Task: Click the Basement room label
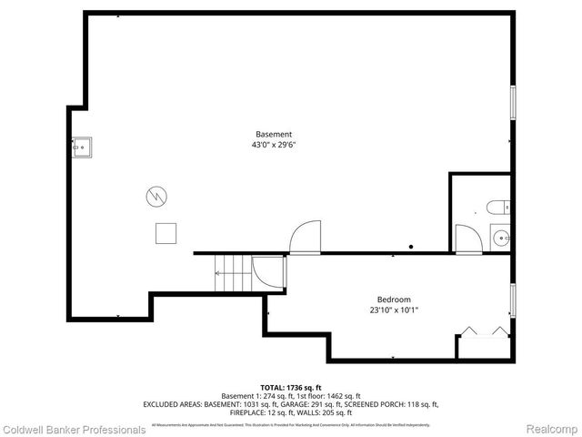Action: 273,134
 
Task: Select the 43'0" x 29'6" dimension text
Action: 273,145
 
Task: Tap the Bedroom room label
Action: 394,300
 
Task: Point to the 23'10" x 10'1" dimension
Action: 394,310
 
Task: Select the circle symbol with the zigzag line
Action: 156,195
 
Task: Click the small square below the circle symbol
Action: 166,233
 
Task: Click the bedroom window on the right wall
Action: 514,300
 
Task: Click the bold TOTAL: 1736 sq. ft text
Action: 290,387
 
